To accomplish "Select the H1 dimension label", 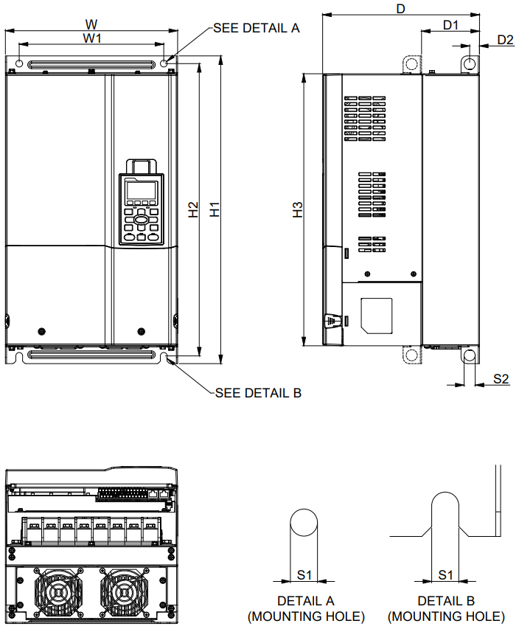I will point(215,209).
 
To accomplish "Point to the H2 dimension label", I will point(193,209).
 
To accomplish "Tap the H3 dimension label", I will point(298,209).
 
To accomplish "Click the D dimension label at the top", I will point(401,8).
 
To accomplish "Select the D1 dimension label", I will point(450,24).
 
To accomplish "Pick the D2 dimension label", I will point(505,40).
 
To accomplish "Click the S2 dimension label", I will point(501,378).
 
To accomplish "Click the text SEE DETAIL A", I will point(256,28).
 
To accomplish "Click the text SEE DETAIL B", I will point(258,393).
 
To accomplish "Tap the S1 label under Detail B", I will point(446,574).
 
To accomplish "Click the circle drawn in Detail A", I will point(304,523).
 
